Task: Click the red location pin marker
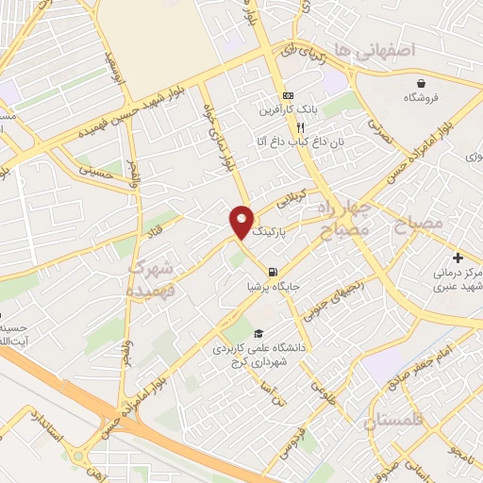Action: [x=241, y=221]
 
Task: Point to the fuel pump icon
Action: [x=272, y=272]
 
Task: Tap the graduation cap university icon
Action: [x=258, y=333]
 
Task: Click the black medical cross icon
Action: [x=458, y=258]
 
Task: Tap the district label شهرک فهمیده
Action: [x=154, y=280]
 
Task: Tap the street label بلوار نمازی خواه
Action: [x=218, y=138]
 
